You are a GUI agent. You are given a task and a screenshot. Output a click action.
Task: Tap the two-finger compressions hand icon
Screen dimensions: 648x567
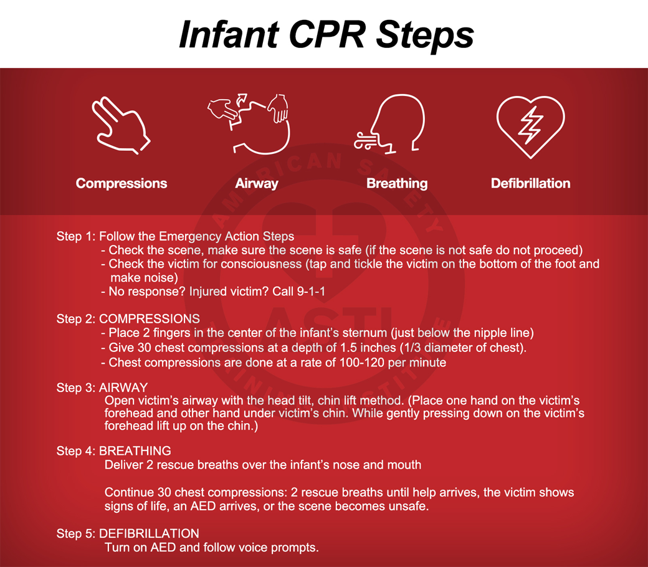[121, 126]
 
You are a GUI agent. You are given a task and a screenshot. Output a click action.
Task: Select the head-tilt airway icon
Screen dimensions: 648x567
[249, 124]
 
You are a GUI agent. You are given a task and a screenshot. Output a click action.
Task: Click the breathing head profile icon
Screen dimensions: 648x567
[389, 124]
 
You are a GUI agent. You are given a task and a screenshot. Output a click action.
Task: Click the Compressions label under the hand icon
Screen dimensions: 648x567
[121, 183]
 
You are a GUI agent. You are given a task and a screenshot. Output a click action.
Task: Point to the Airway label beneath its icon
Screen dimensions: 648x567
[257, 183]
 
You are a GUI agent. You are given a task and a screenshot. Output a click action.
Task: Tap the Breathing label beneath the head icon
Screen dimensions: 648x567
[397, 183]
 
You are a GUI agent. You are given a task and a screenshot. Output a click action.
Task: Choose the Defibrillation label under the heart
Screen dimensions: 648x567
[531, 183]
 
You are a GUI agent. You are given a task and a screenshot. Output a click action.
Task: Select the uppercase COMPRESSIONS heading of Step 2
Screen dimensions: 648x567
[150, 318]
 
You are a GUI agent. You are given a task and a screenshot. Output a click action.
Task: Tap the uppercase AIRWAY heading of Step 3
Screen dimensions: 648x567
[123, 387]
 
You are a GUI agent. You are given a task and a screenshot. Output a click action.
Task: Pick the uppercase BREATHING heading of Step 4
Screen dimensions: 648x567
[135, 450]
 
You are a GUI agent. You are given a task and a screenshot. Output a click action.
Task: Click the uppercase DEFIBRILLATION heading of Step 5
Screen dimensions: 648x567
[149, 533]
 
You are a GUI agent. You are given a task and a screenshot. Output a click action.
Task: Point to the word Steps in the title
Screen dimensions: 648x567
[425, 36]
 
